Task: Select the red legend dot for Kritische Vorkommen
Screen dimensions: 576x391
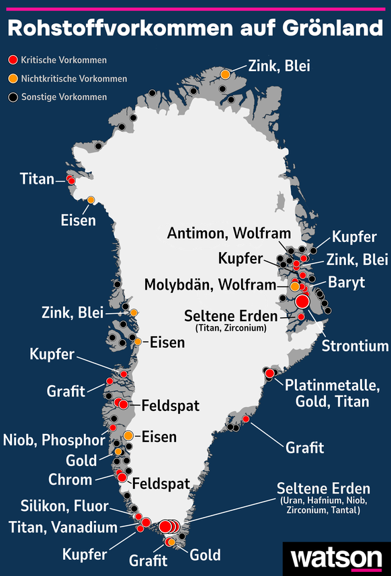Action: click(11, 60)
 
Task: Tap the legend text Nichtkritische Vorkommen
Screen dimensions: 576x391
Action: click(74, 78)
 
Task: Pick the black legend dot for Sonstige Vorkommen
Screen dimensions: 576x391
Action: click(11, 97)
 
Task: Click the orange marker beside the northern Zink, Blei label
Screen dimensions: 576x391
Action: click(226, 74)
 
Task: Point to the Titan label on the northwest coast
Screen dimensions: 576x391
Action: click(37, 179)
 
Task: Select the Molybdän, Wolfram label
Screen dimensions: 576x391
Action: click(210, 285)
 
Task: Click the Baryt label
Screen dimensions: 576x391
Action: click(347, 282)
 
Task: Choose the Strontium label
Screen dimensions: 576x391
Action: click(355, 346)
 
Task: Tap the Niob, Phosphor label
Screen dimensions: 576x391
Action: click(54, 441)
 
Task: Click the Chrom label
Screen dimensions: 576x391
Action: click(71, 479)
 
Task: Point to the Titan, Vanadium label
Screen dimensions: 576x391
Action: click(63, 528)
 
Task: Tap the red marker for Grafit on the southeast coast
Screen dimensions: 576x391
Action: click(246, 419)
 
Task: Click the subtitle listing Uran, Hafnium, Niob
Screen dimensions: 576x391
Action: click(320, 506)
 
